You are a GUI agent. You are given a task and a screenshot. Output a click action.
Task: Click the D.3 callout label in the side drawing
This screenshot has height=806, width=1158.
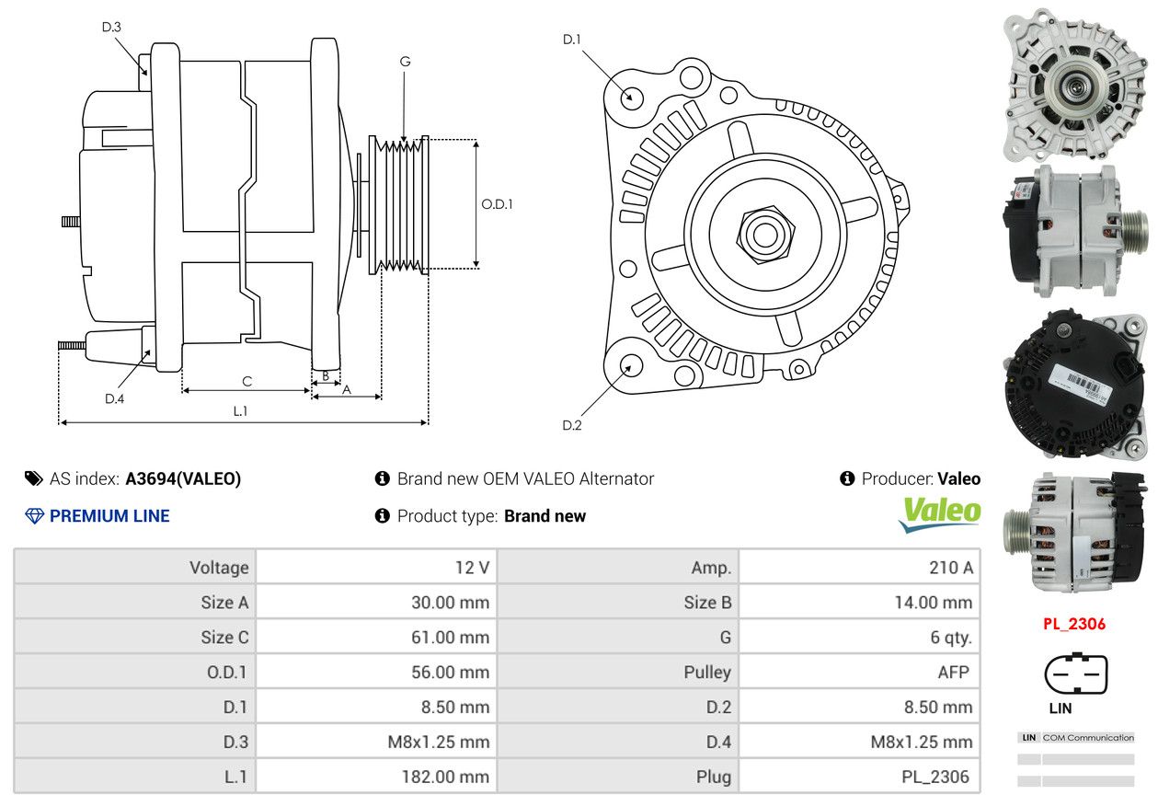pos(111,27)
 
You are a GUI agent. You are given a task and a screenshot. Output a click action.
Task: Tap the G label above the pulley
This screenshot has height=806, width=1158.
pos(406,62)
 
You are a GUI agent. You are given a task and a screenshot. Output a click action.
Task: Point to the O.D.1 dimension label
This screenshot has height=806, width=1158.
pos(497,204)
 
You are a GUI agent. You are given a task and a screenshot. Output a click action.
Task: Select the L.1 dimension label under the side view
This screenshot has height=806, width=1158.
pos(240,411)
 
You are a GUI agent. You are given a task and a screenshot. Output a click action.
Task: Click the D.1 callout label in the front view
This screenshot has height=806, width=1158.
pos(572,40)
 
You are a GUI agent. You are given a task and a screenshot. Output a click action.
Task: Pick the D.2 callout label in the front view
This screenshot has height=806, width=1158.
pos(572,425)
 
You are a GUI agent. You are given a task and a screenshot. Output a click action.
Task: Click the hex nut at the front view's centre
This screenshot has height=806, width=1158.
pos(765,235)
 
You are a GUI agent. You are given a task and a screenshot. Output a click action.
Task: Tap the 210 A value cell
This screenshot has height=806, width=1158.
pos(951,567)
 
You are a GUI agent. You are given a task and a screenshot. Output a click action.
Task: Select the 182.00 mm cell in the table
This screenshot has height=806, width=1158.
pos(445,777)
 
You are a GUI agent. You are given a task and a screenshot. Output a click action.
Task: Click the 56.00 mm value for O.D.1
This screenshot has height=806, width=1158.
pos(451,672)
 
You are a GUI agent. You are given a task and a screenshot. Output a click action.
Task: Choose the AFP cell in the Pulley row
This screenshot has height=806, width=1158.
pos(953,672)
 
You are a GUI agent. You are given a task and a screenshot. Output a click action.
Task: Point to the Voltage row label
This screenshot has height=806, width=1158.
pos(219,568)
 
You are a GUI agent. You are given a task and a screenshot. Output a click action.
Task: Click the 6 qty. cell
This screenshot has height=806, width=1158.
pos(951,638)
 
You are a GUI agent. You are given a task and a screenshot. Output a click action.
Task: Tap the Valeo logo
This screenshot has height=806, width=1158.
pos(939,514)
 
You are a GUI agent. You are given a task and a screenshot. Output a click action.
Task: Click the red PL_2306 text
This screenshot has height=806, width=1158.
pos(1074,624)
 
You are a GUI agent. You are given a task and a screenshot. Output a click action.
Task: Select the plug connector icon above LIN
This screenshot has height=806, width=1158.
pos(1076,674)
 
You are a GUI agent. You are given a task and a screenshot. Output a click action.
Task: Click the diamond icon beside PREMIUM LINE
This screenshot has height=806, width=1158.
pos(35,516)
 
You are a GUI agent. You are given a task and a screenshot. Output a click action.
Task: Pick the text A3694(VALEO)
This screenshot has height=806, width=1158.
pos(183,478)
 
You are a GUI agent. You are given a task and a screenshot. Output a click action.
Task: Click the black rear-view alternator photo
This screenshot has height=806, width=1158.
pos(1076,386)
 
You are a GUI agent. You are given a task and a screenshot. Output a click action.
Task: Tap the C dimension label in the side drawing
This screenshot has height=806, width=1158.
pos(247,382)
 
